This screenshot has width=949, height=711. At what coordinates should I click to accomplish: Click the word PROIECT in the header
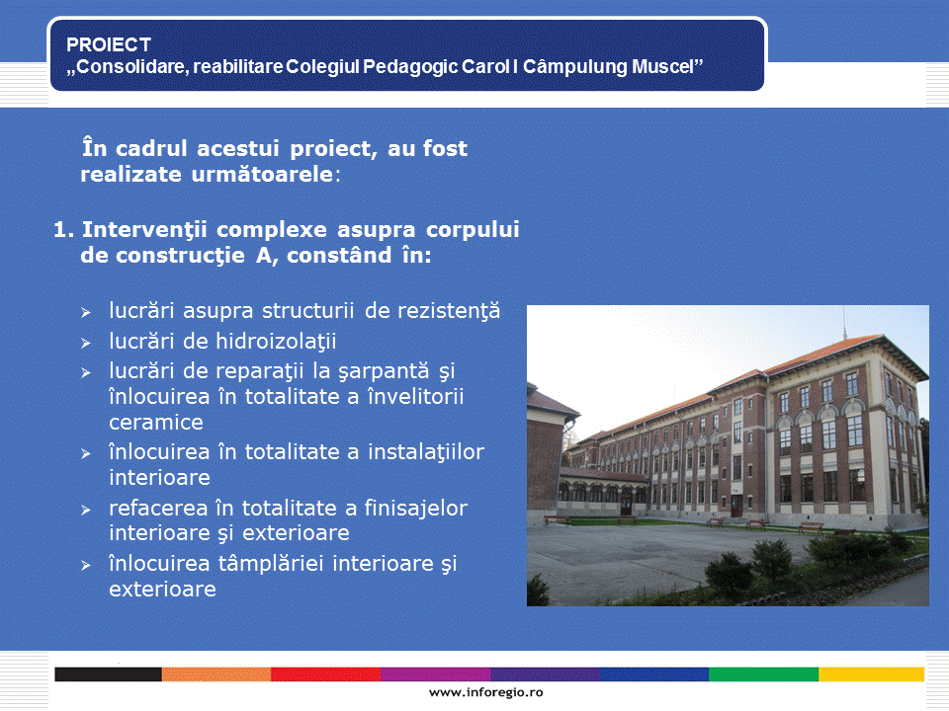(109, 44)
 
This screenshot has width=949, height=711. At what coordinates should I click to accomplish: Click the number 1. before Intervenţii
(64, 230)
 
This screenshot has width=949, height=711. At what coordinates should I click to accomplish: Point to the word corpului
(473, 230)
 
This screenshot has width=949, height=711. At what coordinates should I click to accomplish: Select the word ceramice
(156, 422)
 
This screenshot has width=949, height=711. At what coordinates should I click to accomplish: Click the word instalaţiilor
(426, 452)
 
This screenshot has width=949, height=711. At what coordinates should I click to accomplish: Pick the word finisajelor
(416, 509)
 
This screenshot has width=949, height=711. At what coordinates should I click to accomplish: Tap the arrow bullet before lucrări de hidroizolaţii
(86, 343)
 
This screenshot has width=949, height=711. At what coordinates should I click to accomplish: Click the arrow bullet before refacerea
(86, 511)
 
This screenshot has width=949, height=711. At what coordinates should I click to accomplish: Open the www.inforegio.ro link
(486, 693)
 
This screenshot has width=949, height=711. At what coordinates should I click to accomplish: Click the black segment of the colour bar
(109, 674)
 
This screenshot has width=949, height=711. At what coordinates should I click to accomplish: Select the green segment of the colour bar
(764, 674)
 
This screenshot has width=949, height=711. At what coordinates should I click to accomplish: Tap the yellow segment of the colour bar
(872, 674)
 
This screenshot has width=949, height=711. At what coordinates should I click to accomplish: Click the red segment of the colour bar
(325, 674)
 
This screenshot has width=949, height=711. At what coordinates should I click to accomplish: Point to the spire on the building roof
(845, 323)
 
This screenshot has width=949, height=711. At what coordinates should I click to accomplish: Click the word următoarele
(262, 175)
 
